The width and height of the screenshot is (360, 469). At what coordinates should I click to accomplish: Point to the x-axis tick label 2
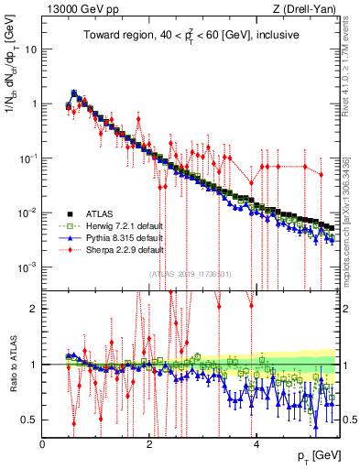[149, 442]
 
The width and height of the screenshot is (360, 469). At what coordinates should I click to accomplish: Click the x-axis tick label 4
[256, 442]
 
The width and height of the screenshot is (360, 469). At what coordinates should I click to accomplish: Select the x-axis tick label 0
[43, 442]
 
